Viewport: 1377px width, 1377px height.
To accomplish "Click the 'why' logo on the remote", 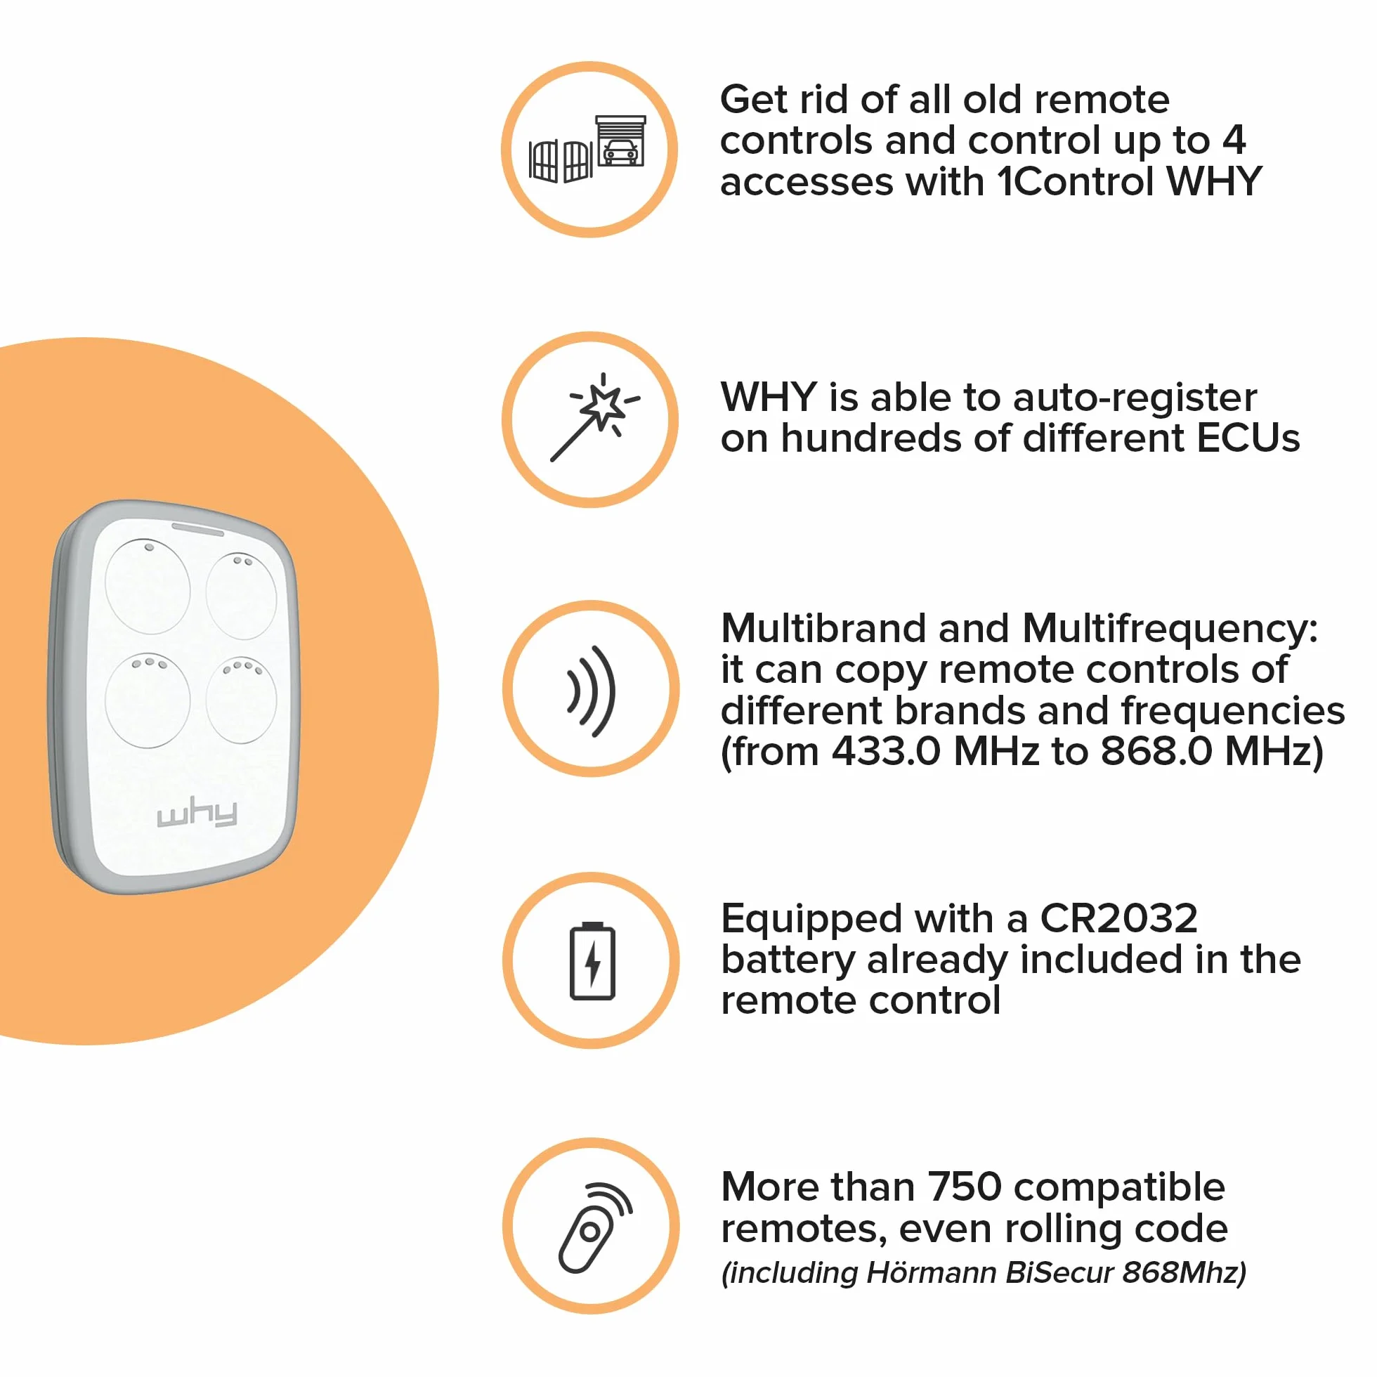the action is click(x=197, y=814).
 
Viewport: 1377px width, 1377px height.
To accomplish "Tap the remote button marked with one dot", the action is click(x=148, y=586).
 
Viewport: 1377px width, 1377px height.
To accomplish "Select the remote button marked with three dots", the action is click(x=148, y=700).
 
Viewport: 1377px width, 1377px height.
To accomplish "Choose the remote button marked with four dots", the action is click(x=242, y=700).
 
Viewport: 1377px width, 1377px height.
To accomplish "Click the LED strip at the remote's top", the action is click(x=197, y=529).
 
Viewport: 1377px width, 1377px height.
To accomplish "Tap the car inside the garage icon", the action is click(x=620, y=152).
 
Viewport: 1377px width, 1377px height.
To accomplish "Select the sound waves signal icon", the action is click(x=591, y=691).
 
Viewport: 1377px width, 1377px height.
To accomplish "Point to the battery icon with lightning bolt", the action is click(x=592, y=960).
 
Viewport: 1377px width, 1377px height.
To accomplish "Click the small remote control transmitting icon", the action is click(x=594, y=1228).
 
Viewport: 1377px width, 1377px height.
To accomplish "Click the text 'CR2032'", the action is click(x=1118, y=918).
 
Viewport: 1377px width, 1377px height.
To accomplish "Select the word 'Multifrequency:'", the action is click(x=1170, y=629).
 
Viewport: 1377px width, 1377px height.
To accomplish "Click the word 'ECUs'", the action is click(x=1248, y=438).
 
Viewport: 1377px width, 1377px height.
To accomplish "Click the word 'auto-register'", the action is click(x=1135, y=398).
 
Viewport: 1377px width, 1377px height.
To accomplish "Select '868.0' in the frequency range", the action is click(x=1156, y=751).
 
